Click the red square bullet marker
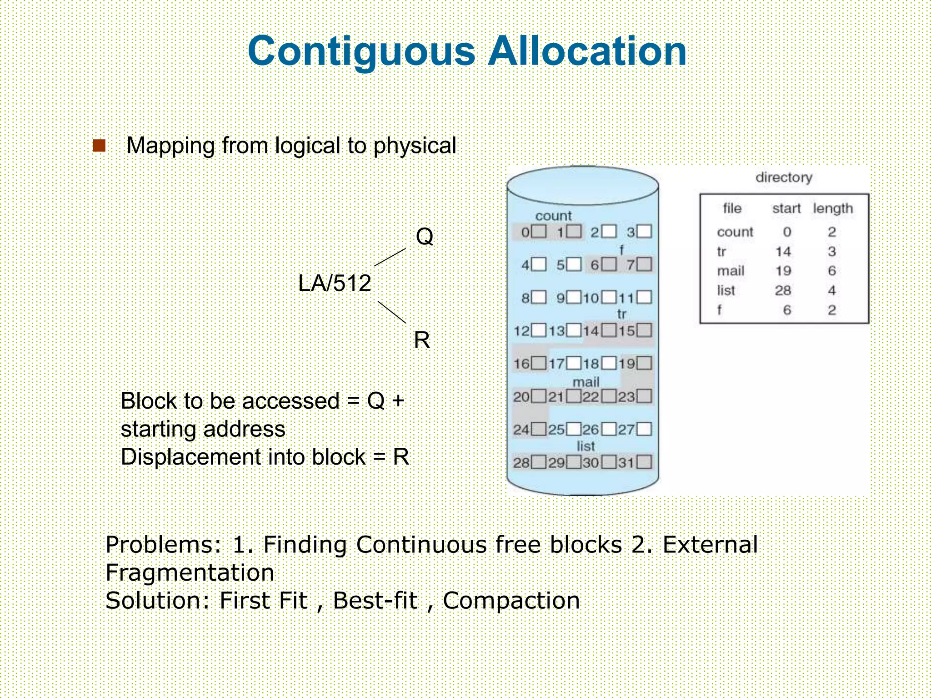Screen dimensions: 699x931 pyautogui.click(x=99, y=146)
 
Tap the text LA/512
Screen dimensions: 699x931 pyautogui.click(x=335, y=283)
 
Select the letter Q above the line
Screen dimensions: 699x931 pyautogui.click(x=425, y=237)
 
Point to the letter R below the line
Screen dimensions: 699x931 pyautogui.click(x=422, y=340)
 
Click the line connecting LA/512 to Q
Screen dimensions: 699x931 pyautogui.click(x=390, y=257)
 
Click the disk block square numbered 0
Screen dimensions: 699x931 pyautogui.click(x=539, y=231)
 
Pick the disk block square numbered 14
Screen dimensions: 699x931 pyautogui.click(x=609, y=330)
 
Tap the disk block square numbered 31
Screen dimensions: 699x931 pyautogui.click(x=644, y=463)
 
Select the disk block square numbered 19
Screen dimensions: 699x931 pyautogui.click(x=644, y=363)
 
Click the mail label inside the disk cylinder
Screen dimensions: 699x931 pyautogui.click(x=586, y=381)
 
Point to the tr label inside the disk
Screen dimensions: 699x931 pyautogui.click(x=621, y=314)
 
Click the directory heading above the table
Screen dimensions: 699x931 pyautogui.click(x=784, y=177)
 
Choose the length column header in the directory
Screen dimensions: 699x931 pyautogui.click(x=833, y=208)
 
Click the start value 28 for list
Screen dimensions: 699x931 pyautogui.click(x=783, y=290)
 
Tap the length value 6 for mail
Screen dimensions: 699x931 pyautogui.click(x=832, y=271)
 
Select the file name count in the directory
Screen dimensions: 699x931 pyautogui.click(x=735, y=232)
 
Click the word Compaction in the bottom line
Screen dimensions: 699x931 pyautogui.click(x=511, y=601)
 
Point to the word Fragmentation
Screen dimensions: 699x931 pyautogui.click(x=190, y=572)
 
